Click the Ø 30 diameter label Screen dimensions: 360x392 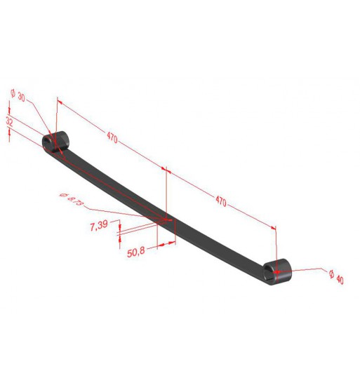click(18, 95)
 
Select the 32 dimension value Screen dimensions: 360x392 click(9, 122)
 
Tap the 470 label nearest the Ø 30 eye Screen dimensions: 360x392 click(112, 137)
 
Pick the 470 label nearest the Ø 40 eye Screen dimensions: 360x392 click(221, 201)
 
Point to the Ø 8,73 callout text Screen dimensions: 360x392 click(72, 199)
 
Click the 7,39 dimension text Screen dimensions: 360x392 click(99, 225)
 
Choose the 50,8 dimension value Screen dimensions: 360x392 click(136, 252)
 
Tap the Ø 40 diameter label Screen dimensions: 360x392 click(337, 277)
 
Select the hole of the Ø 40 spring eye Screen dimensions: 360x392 click(269, 273)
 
